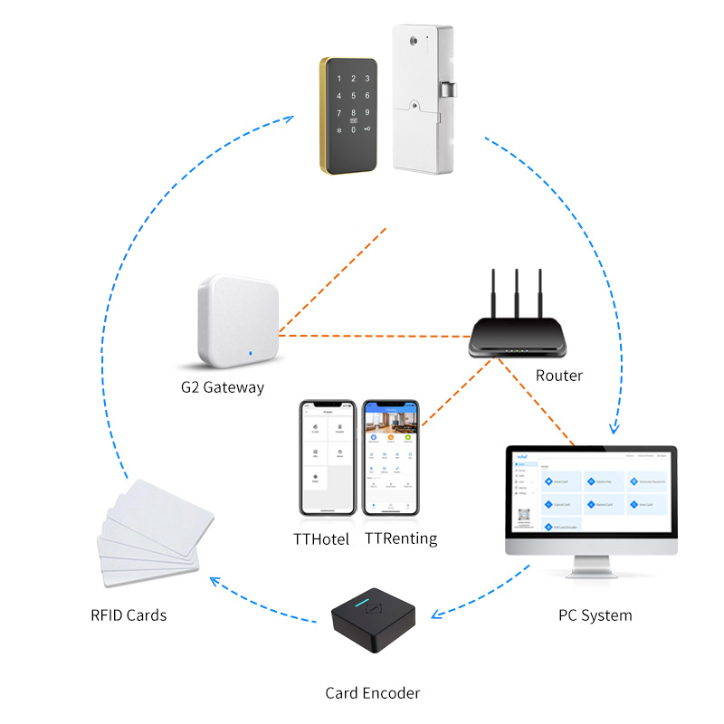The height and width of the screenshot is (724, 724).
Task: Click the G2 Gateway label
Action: tap(222, 387)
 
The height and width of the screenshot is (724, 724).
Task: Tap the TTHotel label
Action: tap(321, 538)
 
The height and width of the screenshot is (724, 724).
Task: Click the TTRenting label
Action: tap(401, 538)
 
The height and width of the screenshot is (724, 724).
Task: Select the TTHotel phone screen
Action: tap(326, 460)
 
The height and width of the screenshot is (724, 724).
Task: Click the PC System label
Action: tap(595, 615)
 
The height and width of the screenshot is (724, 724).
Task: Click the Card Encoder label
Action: tap(373, 693)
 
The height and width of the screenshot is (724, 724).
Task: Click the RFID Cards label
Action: tap(129, 615)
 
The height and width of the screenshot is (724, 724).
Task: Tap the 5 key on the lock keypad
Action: tap(354, 96)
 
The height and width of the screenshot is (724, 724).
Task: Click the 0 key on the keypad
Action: tap(354, 130)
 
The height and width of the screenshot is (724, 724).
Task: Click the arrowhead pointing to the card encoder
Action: tap(436, 615)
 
